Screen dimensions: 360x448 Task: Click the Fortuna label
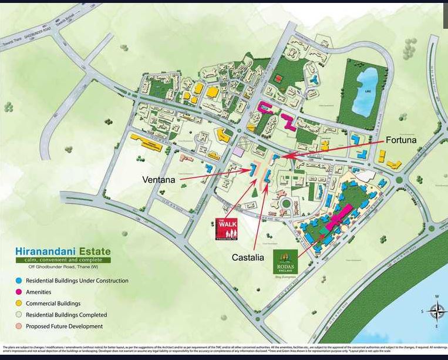click(x=402, y=141)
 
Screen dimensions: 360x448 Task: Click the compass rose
click(x=436, y=311)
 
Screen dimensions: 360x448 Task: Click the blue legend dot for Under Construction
click(x=20, y=281)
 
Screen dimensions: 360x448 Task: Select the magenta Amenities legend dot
click(x=20, y=292)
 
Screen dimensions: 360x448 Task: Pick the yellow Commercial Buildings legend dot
click(x=20, y=304)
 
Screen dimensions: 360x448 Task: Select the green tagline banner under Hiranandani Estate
click(x=63, y=260)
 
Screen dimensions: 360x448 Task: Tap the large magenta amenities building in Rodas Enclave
click(x=339, y=217)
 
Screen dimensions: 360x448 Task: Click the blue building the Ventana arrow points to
click(x=253, y=169)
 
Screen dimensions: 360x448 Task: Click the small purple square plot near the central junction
click(x=238, y=151)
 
